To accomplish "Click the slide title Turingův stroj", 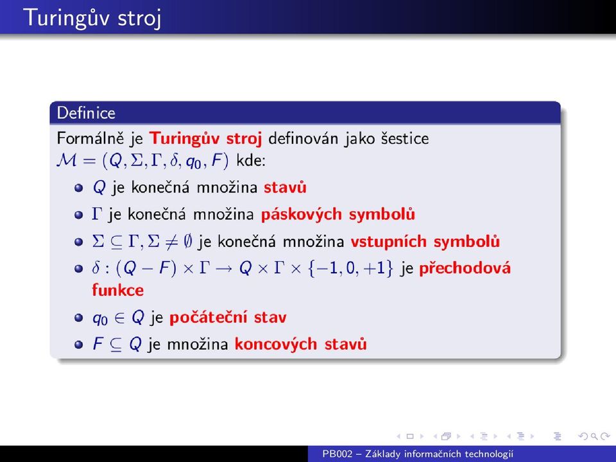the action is (92, 18).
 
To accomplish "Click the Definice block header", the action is (86, 113).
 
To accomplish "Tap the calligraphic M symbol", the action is (67, 160).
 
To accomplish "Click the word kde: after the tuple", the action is (251, 160).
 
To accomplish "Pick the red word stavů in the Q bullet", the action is (285, 187).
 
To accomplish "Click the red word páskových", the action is (302, 214).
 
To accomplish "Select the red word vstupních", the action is (389, 242).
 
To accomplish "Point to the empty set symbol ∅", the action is (188, 241).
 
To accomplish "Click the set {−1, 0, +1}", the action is (350, 268).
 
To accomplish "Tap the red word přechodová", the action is (465, 268).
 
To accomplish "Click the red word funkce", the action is (118, 290).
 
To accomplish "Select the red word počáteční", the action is (209, 318).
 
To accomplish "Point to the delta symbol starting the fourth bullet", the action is (96, 268).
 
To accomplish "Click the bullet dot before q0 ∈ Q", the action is (78, 318).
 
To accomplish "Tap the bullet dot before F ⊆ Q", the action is (78, 345).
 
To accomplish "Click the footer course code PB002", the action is (338, 454).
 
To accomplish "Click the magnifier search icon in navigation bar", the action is (595, 436).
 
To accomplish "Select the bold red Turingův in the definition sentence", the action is (184, 139).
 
